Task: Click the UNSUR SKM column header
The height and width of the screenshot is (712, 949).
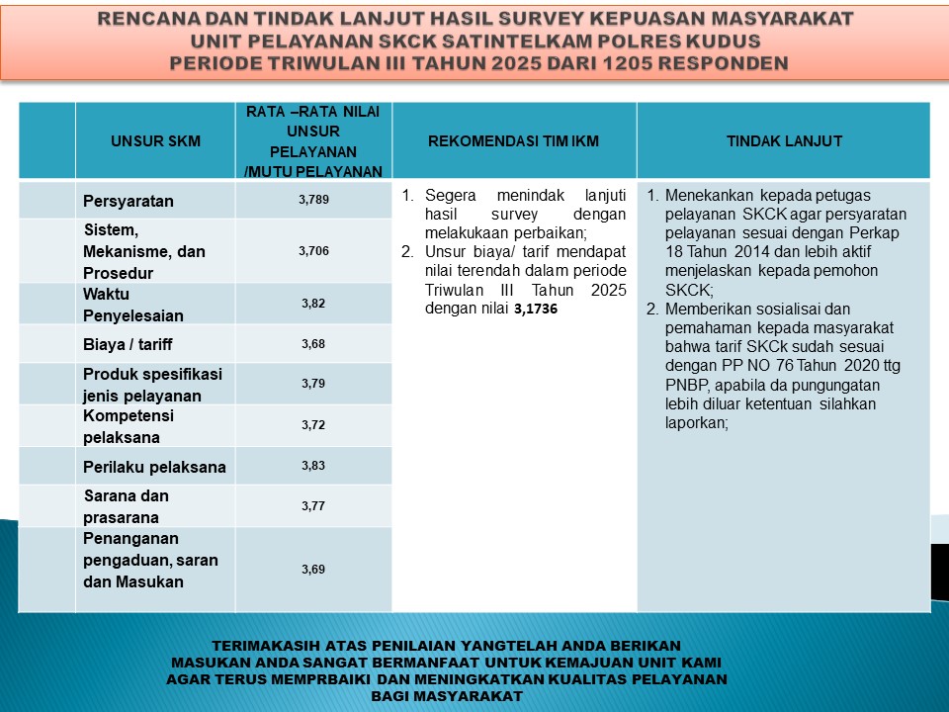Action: point(155,141)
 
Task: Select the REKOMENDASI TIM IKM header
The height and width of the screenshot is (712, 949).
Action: point(514,141)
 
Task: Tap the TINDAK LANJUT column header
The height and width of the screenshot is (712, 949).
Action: point(784,141)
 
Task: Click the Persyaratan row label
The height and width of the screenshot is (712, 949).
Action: point(129,202)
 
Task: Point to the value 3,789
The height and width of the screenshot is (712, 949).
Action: point(313,200)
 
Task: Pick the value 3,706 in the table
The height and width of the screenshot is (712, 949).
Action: point(313,251)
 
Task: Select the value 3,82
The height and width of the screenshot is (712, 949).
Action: point(313,304)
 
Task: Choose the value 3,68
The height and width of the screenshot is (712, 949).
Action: point(313,344)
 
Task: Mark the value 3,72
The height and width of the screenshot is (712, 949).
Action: point(313,424)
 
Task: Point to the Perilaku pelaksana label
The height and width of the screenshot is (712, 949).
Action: point(154,467)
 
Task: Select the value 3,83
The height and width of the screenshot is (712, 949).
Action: point(313,465)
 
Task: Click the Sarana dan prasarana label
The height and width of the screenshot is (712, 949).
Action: point(126,506)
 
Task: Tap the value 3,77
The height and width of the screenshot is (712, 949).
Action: point(313,506)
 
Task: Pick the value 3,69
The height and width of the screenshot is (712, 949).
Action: point(313,570)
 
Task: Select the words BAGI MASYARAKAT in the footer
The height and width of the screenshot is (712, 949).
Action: point(447,696)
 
